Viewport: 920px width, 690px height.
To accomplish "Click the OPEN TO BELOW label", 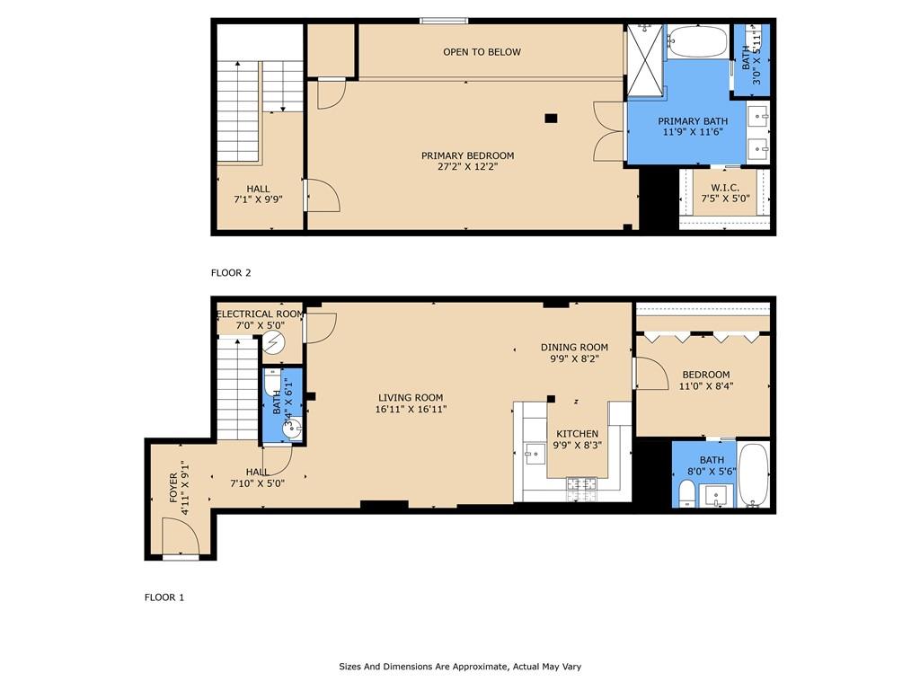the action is click(482, 51).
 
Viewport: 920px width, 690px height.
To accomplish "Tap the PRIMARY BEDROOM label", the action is click(467, 155).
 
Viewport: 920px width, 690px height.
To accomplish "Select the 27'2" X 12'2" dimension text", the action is click(467, 166).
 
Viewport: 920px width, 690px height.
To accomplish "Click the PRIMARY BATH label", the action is click(693, 121).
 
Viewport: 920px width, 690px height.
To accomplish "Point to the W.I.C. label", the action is click(725, 188).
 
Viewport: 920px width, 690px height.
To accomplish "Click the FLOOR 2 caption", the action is click(231, 273).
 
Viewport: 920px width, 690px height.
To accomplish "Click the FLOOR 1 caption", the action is click(164, 597).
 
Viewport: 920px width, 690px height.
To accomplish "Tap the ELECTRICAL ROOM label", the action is click(261, 314).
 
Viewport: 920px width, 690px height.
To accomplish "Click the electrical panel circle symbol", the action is click(272, 342).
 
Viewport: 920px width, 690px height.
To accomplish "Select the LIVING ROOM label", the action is click(411, 397).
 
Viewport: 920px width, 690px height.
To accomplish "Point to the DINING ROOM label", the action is click(574, 348).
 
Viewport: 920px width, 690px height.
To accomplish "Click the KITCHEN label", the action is click(578, 434).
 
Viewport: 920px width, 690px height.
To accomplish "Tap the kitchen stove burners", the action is click(581, 489).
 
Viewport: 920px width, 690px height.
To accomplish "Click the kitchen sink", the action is click(534, 454).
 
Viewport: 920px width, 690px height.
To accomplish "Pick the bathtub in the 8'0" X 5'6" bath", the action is click(754, 475).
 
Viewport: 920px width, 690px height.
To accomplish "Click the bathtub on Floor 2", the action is click(697, 41).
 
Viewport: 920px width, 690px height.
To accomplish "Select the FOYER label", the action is click(173, 488).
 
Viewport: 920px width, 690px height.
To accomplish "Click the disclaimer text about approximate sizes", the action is click(460, 667).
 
